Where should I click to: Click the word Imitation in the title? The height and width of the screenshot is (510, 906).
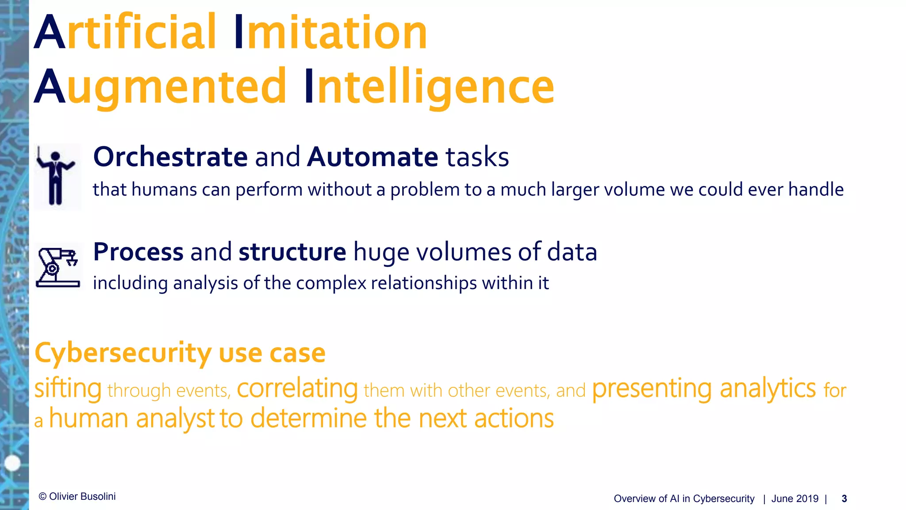pos(330,33)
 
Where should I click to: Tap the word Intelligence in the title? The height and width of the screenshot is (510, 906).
pos(429,87)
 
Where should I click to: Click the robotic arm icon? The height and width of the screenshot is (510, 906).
pos(58,267)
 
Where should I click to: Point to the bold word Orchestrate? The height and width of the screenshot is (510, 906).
pos(170,157)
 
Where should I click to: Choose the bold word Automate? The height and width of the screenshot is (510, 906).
pos(372,157)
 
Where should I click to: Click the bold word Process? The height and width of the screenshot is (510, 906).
pos(138,252)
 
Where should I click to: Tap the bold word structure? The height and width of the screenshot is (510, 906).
pos(292,252)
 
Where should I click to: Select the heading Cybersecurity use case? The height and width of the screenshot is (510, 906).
pos(180,353)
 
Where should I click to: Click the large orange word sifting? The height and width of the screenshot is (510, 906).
pos(68,389)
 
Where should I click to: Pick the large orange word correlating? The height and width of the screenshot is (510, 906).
pos(297,389)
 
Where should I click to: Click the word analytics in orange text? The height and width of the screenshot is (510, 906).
pos(768,389)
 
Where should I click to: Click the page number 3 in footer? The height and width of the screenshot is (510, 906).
pos(844,499)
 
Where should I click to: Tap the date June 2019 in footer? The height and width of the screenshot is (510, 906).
pos(795,499)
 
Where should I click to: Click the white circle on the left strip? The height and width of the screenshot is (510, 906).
pos(12,463)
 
